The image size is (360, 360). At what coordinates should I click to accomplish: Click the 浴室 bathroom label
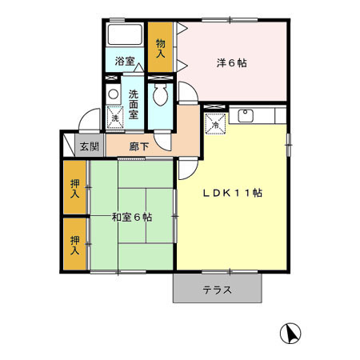click(124, 62)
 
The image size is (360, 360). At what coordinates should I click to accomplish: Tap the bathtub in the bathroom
click(124, 37)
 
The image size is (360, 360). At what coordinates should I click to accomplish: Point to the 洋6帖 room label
click(230, 62)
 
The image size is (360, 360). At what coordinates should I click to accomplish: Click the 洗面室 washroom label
click(134, 103)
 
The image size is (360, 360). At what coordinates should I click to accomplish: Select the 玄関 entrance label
click(89, 147)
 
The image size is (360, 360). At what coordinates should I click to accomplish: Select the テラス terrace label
click(217, 290)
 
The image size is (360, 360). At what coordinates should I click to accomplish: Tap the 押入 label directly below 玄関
click(74, 189)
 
